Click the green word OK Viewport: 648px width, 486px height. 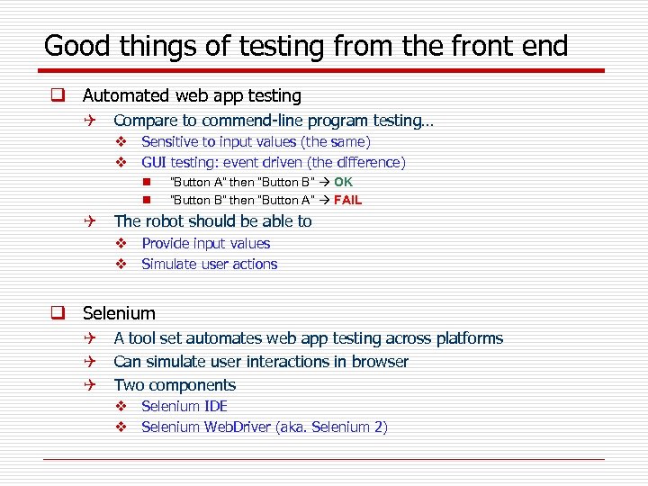coord(344,182)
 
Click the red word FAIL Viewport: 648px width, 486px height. coord(347,200)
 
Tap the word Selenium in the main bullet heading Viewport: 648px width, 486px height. coord(119,313)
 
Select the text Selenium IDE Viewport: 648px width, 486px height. coord(184,406)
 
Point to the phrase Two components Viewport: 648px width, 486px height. coord(175,385)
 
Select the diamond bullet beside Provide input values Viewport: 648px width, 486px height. coord(120,244)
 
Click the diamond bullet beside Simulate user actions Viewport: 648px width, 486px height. coord(120,265)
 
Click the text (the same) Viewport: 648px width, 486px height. coord(335,141)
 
